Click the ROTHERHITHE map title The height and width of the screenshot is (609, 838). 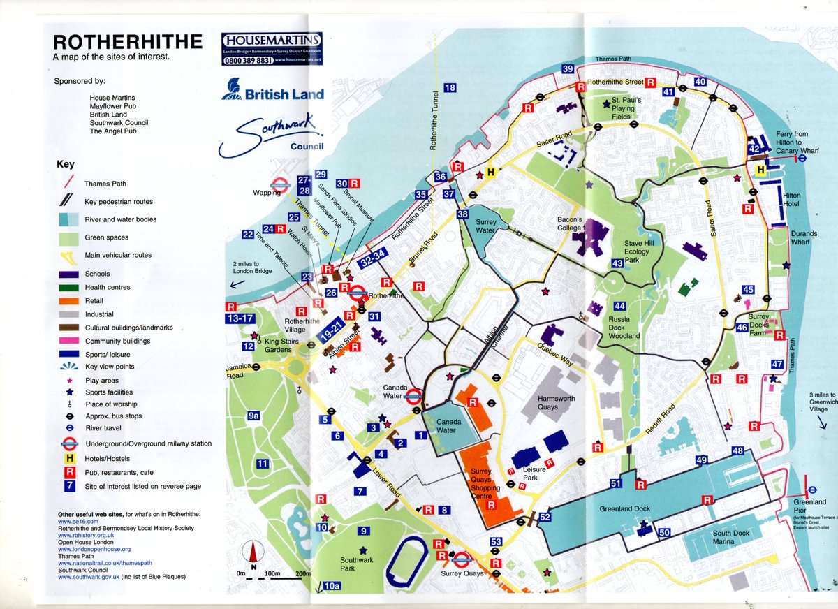(128, 42)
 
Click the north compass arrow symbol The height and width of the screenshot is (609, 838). (253, 556)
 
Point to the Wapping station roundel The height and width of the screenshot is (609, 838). (281, 186)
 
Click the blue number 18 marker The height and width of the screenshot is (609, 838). (449, 88)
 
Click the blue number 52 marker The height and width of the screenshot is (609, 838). (545, 517)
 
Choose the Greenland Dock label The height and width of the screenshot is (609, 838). (624, 508)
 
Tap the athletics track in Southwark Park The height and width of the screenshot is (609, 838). (407, 562)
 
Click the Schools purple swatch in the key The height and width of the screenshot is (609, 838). (67, 274)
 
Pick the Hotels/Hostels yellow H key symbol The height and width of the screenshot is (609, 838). (69, 458)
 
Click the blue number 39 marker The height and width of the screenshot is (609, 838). (568, 68)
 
